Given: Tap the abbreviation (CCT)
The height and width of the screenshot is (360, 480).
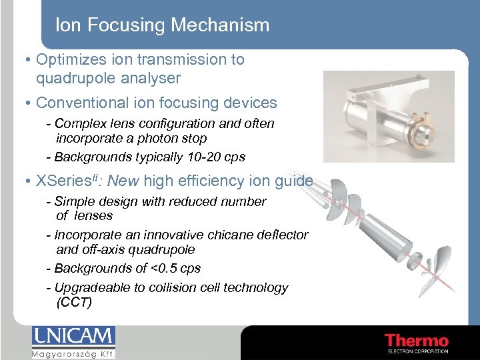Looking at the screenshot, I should [74, 303].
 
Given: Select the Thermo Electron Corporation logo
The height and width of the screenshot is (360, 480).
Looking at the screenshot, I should [417, 343].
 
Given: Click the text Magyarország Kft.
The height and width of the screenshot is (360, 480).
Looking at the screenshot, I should [73, 354].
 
